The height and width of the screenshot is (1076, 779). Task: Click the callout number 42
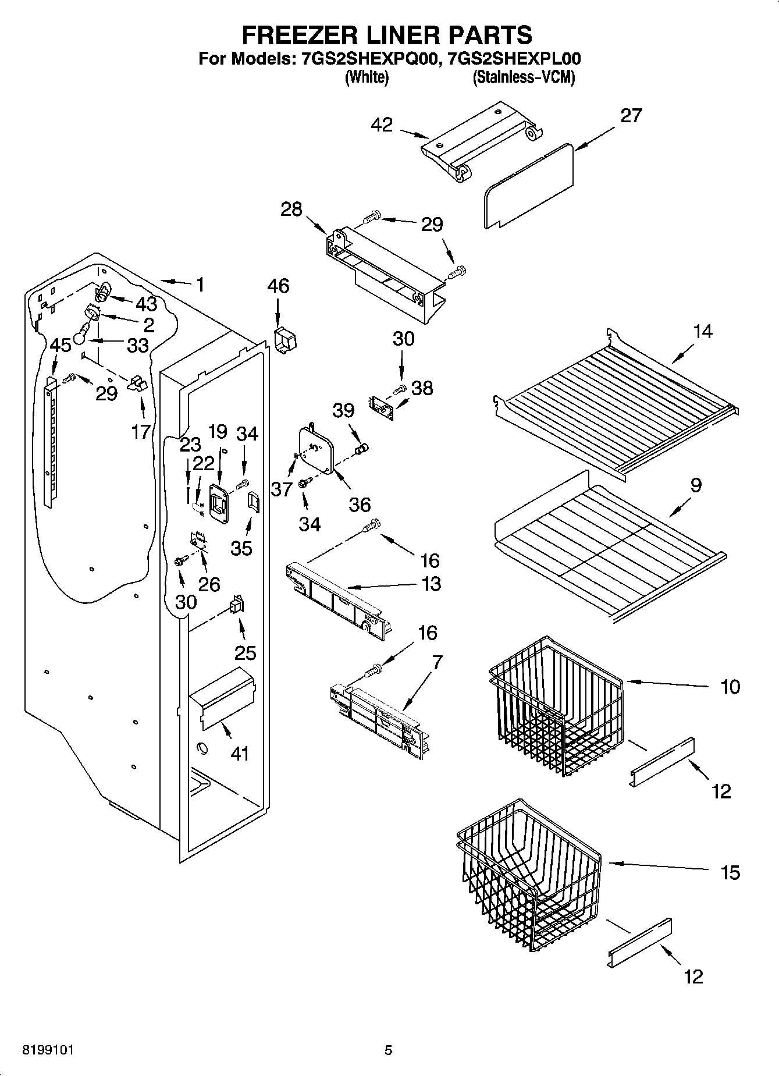(x=382, y=125)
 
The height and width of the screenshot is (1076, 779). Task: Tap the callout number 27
(x=631, y=116)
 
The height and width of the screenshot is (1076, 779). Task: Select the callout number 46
(x=278, y=286)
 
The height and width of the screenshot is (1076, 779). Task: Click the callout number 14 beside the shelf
(x=702, y=332)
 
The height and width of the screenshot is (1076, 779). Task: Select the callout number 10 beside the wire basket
(x=730, y=687)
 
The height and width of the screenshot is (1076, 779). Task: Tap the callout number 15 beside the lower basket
(x=730, y=872)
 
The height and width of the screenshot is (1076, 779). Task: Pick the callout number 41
(x=240, y=754)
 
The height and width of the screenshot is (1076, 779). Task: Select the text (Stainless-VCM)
(x=524, y=77)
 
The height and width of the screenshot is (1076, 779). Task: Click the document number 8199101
(x=48, y=1050)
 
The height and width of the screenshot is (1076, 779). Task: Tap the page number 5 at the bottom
(x=389, y=1050)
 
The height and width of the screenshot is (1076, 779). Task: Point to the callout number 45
(x=61, y=345)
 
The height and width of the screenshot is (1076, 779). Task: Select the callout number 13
(x=431, y=584)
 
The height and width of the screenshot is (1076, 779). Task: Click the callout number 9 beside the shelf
(x=695, y=485)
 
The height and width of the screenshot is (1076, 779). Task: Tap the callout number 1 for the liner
(x=200, y=285)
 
